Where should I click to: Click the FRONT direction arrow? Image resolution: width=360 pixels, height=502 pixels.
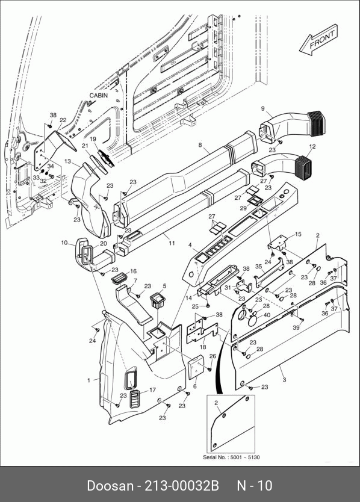318,40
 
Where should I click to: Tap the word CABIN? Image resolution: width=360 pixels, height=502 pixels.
98,96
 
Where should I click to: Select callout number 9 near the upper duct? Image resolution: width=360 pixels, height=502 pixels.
263,108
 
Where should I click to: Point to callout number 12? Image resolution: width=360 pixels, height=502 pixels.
312,147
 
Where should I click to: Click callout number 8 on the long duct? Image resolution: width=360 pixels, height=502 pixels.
200,145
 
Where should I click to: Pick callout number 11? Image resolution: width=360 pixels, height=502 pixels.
172,243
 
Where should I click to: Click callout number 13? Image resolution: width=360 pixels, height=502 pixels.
67,161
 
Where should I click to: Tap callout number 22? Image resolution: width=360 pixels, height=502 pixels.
63,120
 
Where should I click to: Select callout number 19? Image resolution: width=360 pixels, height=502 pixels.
93,139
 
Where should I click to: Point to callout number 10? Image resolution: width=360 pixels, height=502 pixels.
64,243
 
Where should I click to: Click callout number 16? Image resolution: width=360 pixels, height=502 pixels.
133,271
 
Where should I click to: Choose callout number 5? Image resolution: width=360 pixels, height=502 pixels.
164,285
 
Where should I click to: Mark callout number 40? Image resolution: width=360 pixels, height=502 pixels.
267,315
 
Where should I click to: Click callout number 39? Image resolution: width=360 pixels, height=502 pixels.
296,327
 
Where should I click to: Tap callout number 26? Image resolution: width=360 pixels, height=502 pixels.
213,356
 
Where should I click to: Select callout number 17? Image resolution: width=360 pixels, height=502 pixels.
152,389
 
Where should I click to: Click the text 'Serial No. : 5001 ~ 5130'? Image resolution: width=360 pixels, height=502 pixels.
231,457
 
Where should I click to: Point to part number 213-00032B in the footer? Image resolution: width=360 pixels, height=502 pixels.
182,486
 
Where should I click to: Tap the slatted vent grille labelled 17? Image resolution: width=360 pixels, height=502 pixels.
135,399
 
